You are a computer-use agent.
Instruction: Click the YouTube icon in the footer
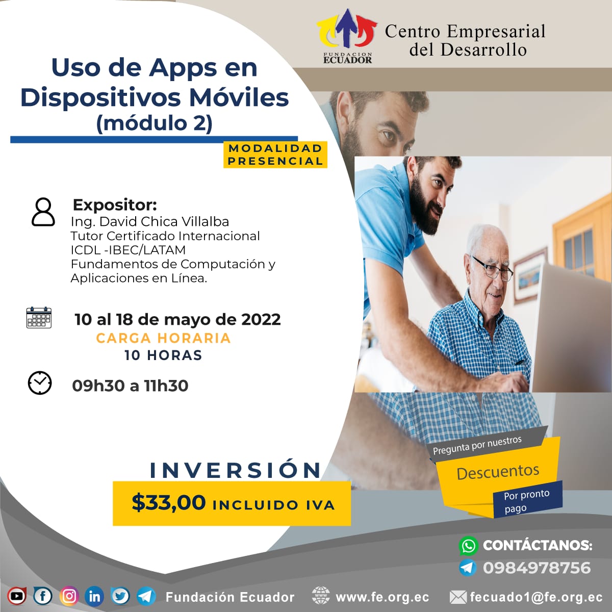pyautogui.click(x=17, y=596)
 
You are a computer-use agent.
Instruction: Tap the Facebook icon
pyautogui.click(x=43, y=596)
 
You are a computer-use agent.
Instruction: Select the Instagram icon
pyautogui.click(x=69, y=596)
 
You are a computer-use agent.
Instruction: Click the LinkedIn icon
pyautogui.click(x=95, y=596)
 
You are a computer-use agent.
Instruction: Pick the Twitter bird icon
pyautogui.click(x=120, y=596)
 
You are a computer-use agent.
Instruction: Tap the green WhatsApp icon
pyautogui.click(x=469, y=546)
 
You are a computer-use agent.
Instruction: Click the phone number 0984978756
pyautogui.click(x=537, y=568)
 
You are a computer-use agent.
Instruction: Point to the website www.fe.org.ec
pyautogui.click(x=382, y=597)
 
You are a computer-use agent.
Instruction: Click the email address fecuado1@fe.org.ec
pyautogui.click(x=536, y=597)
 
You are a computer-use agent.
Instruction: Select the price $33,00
pyautogui.click(x=169, y=503)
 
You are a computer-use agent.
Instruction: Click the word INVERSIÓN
pyautogui.click(x=235, y=470)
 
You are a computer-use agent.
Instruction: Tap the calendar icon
pyautogui.click(x=39, y=317)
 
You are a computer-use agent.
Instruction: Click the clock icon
pyautogui.click(x=40, y=382)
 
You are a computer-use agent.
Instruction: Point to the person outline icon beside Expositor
pyautogui.click(x=43, y=212)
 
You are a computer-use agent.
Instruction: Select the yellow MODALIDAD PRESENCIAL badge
pyautogui.click(x=275, y=155)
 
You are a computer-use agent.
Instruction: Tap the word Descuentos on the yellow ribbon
pyautogui.click(x=498, y=472)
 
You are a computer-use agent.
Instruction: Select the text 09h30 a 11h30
pyautogui.click(x=130, y=386)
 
